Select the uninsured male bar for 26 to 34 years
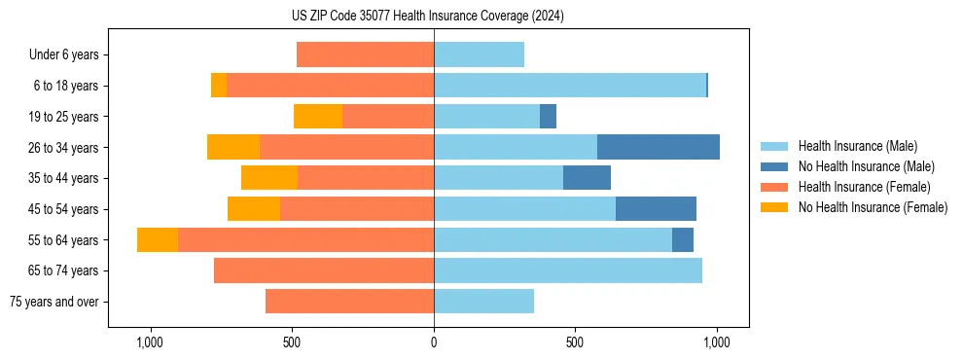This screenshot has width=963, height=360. coord(658,147)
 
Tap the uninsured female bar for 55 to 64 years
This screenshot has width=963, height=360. coord(158,239)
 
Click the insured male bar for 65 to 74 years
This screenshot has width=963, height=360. coord(568,270)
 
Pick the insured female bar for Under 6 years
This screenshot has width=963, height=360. coord(365,54)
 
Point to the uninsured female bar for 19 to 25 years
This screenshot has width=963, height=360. coord(318,117)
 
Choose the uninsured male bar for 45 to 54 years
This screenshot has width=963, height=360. coord(656,209)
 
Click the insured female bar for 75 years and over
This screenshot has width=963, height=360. coord(349,302)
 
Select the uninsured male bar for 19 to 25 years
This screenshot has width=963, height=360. coord(548,117)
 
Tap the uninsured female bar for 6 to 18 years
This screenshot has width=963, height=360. coord(219,86)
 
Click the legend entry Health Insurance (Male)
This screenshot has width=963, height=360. coord(857,146)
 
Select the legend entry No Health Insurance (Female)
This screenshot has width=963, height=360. coord(873,207)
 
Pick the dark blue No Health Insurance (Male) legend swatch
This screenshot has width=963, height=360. coord(774,166)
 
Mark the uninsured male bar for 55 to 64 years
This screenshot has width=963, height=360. coord(683,239)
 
